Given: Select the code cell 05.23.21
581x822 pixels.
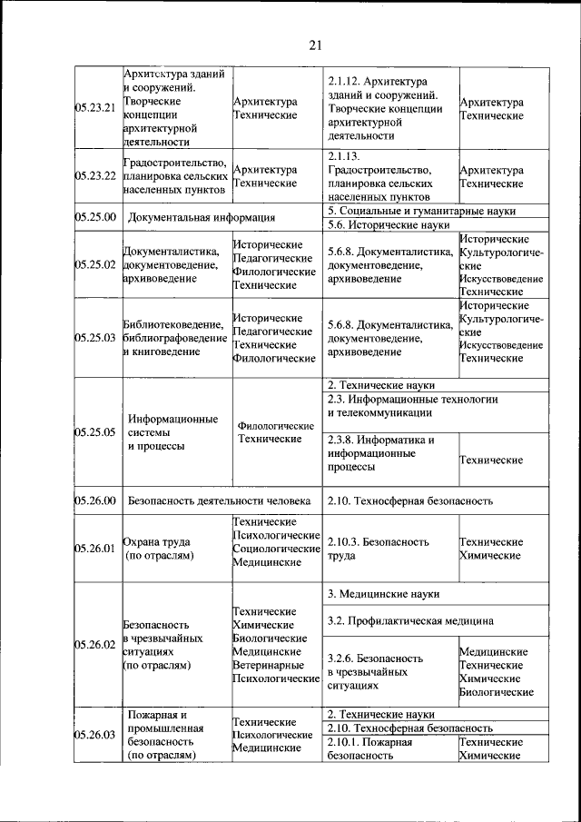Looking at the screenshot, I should (x=95, y=108).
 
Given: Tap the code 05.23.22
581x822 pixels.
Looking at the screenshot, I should (x=95, y=176).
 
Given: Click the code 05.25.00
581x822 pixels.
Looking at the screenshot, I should (x=95, y=217).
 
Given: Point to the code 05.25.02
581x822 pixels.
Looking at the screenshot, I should (x=95, y=265).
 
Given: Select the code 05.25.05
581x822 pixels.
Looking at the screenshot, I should (x=95, y=432).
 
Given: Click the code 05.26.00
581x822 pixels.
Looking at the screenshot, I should (x=95, y=500).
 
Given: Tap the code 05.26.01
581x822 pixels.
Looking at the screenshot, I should (x=95, y=549).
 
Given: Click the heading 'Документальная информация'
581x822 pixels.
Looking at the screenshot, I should (x=202, y=217).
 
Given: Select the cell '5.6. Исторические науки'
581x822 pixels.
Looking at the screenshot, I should (x=389, y=224).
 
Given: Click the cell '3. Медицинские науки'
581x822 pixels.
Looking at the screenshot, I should (x=383, y=594).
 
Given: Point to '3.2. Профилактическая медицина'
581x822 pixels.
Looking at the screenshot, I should (x=410, y=621).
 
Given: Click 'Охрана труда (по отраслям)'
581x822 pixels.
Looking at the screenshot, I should (x=159, y=549).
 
